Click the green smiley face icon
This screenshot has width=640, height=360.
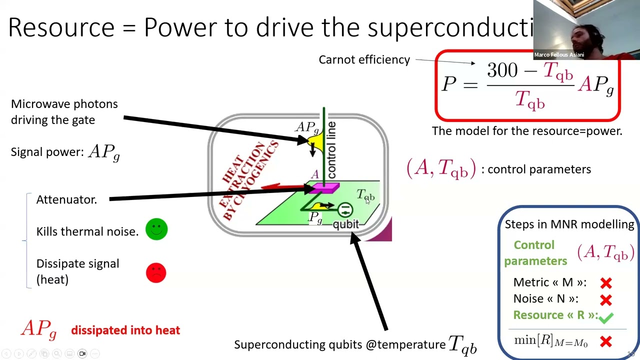click(156, 229)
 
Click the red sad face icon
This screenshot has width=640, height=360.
click(156, 272)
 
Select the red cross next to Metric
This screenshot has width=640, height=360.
click(606, 283)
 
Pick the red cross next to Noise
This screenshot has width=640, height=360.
click(606, 300)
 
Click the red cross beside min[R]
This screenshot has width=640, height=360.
click(606, 342)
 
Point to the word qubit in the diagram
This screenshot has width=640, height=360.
click(346, 224)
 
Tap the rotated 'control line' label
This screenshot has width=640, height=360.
click(331, 149)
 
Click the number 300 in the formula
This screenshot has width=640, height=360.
click(502, 70)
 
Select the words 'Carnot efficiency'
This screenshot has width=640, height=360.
click(364, 59)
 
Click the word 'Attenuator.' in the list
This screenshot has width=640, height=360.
click(66, 199)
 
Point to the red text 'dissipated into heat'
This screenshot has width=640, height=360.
click(125, 330)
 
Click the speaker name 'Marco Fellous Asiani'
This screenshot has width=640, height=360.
click(558, 55)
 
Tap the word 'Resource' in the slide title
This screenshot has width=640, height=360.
click(61, 27)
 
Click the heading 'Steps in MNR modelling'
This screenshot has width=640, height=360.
click(569, 224)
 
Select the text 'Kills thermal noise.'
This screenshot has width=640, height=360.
click(87, 231)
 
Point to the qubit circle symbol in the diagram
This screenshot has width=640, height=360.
click(345, 209)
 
